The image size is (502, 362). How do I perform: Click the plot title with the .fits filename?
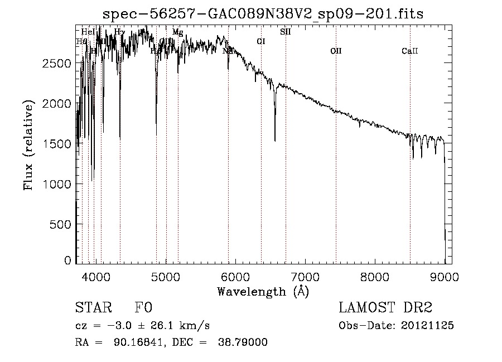(263, 14)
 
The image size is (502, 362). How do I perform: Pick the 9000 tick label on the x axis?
(445, 276)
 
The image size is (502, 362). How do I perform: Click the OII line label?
(335, 51)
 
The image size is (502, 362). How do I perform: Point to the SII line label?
(285, 32)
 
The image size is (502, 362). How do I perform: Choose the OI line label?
(260, 41)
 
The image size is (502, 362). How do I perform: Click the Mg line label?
(177, 32)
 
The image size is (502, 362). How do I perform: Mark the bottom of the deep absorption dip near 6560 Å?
(274, 140)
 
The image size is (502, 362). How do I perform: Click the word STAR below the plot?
(93, 308)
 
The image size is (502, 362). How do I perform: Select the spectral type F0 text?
(144, 308)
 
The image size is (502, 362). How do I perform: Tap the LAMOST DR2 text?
(385, 308)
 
